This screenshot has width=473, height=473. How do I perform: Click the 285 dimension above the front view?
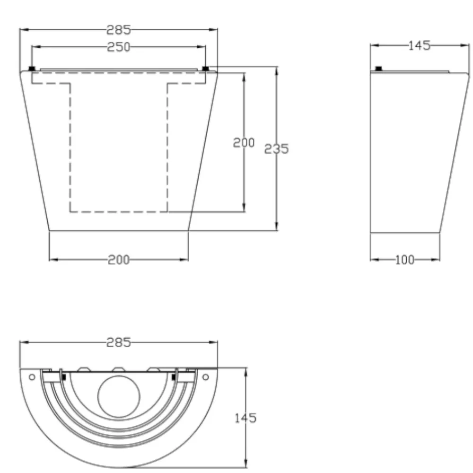click(x=119, y=30)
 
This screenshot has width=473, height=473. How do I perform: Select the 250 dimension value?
click(x=119, y=47)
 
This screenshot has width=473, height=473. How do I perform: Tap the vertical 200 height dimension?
click(x=244, y=143)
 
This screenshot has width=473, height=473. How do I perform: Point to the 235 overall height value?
click(x=276, y=149)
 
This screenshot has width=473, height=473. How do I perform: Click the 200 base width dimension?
click(x=119, y=260)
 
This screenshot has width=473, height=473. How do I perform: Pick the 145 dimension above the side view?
click(x=419, y=45)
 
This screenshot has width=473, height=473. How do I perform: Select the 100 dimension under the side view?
click(x=404, y=260)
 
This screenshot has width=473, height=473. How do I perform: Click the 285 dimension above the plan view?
click(x=119, y=342)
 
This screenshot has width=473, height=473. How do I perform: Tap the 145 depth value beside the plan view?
click(x=245, y=418)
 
